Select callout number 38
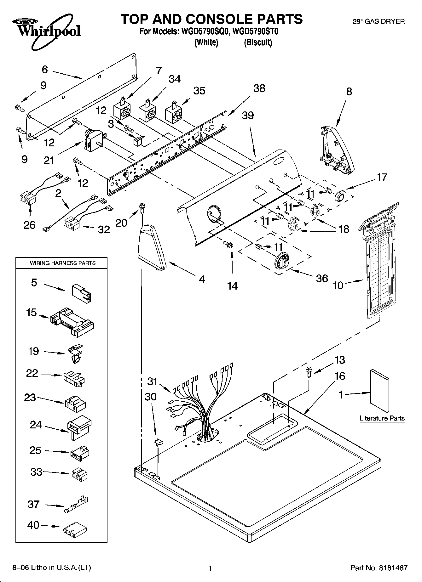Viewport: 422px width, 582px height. pyautogui.click(x=259, y=88)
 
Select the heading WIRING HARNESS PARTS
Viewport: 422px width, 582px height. pyautogui.click(x=63, y=263)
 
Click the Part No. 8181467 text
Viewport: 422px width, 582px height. pyautogui.click(x=379, y=568)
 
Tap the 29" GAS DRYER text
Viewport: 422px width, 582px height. pyautogui.click(x=378, y=21)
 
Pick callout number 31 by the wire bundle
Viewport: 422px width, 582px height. pyautogui.click(x=152, y=381)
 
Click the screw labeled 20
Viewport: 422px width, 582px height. pyautogui.click(x=142, y=208)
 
